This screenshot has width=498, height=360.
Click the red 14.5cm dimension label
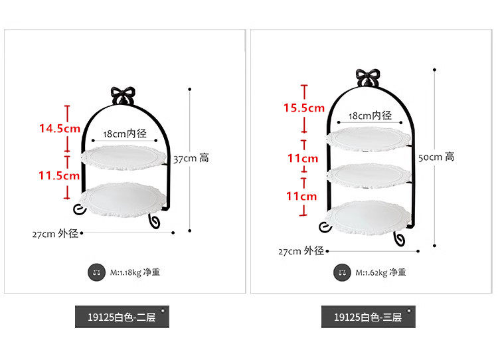[x=60, y=128]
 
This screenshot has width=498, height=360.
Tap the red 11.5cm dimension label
[x=59, y=175]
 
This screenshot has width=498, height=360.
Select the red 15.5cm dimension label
[x=304, y=108]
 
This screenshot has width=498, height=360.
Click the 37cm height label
[x=191, y=158]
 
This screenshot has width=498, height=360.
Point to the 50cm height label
[x=436, y=157]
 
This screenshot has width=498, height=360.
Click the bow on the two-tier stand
[x=123, y=96]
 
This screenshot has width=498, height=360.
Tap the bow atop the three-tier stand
[x=368, y=78]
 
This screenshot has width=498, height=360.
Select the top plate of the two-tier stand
[x=124, y=157]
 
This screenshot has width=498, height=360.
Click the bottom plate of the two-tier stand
[x=123, y=199]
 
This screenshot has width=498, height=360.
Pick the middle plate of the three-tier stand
[x=369, y=176]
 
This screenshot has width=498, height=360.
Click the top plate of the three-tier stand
[x=369, y=139]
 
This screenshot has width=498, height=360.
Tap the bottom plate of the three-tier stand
[x=368, y=218]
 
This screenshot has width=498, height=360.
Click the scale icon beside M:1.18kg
[x=96, y=272]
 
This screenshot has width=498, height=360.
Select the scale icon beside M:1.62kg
[x=342, y=272]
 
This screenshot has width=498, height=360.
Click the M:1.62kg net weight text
[x=380, y=272]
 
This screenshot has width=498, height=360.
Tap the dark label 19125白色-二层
[x=122, y=317]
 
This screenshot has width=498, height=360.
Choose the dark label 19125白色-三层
[x=369, y=317]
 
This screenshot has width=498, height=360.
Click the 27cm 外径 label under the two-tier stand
[x=55, y=234]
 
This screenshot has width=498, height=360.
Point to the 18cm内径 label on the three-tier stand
[x=370, y=116]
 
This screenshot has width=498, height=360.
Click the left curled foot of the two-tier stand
[x=79, y=209]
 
